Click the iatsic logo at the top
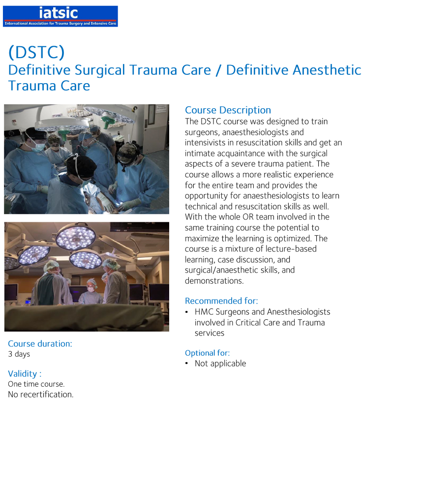pos(60,16)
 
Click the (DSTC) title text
pos(36,52)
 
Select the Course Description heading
pos(228,110)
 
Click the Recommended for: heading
pos(221,301)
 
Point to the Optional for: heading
pos(207,353)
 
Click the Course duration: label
pos(40,343)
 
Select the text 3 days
pos(19,354)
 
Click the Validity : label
pos(25,373)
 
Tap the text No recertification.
pos(41,395)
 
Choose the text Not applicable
pos(220,364)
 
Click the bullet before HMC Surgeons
pos(187,312)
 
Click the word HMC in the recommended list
pos(205,312)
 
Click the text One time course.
pos(36,384)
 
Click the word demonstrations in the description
pos(214,281)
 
